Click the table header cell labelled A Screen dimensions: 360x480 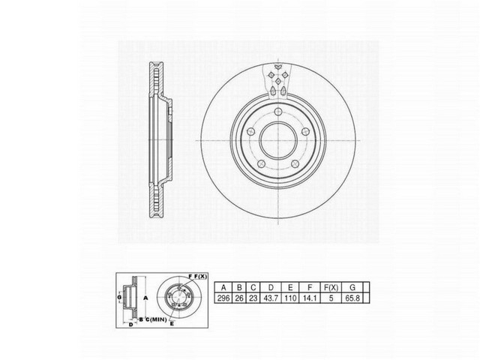223,287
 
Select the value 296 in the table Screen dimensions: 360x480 223,298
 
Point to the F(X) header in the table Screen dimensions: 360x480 331,287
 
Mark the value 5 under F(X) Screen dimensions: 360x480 331,298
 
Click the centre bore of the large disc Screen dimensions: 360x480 277,141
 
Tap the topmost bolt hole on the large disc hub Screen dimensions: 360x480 277,113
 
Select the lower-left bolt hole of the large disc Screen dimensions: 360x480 259,163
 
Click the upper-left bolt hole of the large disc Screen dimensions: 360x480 250,131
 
